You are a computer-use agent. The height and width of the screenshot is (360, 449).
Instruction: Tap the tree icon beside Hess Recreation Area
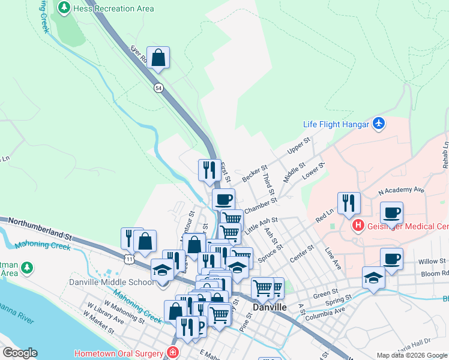[x=64, y=8]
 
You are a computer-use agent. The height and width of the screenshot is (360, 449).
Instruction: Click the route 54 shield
[x=158, y=88]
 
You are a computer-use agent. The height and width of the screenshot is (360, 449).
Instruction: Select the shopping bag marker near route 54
[x=158, y=59]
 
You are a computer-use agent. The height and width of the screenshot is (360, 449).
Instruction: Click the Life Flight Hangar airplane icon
[x=378, y=124]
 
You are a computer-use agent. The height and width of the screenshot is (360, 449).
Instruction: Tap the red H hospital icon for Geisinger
[x=358, y=226]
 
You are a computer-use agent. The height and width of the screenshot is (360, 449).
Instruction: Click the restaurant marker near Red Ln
[x=348, y=204]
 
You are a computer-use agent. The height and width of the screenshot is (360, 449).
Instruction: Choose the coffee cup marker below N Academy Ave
[x=391, y=213]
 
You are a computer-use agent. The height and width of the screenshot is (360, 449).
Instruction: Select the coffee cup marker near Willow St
[x=391, y=259]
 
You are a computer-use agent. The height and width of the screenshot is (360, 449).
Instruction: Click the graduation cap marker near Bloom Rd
[x=373, y=278]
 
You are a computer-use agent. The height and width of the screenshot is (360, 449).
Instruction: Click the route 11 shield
[x=130, y=259]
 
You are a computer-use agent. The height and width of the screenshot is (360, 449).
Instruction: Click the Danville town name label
[x=270, y=307]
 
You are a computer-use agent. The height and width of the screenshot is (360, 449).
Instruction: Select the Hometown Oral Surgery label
[x=120, y=353]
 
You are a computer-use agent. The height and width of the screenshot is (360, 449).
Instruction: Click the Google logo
[x=20, y=353]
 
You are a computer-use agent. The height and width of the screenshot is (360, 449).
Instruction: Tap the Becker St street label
[x=254, y=175]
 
